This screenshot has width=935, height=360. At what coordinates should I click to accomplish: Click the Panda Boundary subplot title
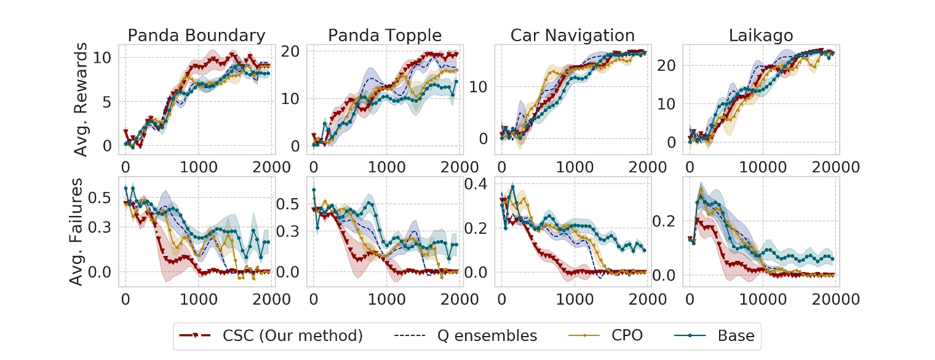[196, 35]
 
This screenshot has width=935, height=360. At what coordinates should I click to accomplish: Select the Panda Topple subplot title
[384, 35]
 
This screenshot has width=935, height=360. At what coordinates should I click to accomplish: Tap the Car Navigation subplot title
[573, 35]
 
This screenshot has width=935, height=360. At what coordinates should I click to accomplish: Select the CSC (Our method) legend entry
[272, 335]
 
